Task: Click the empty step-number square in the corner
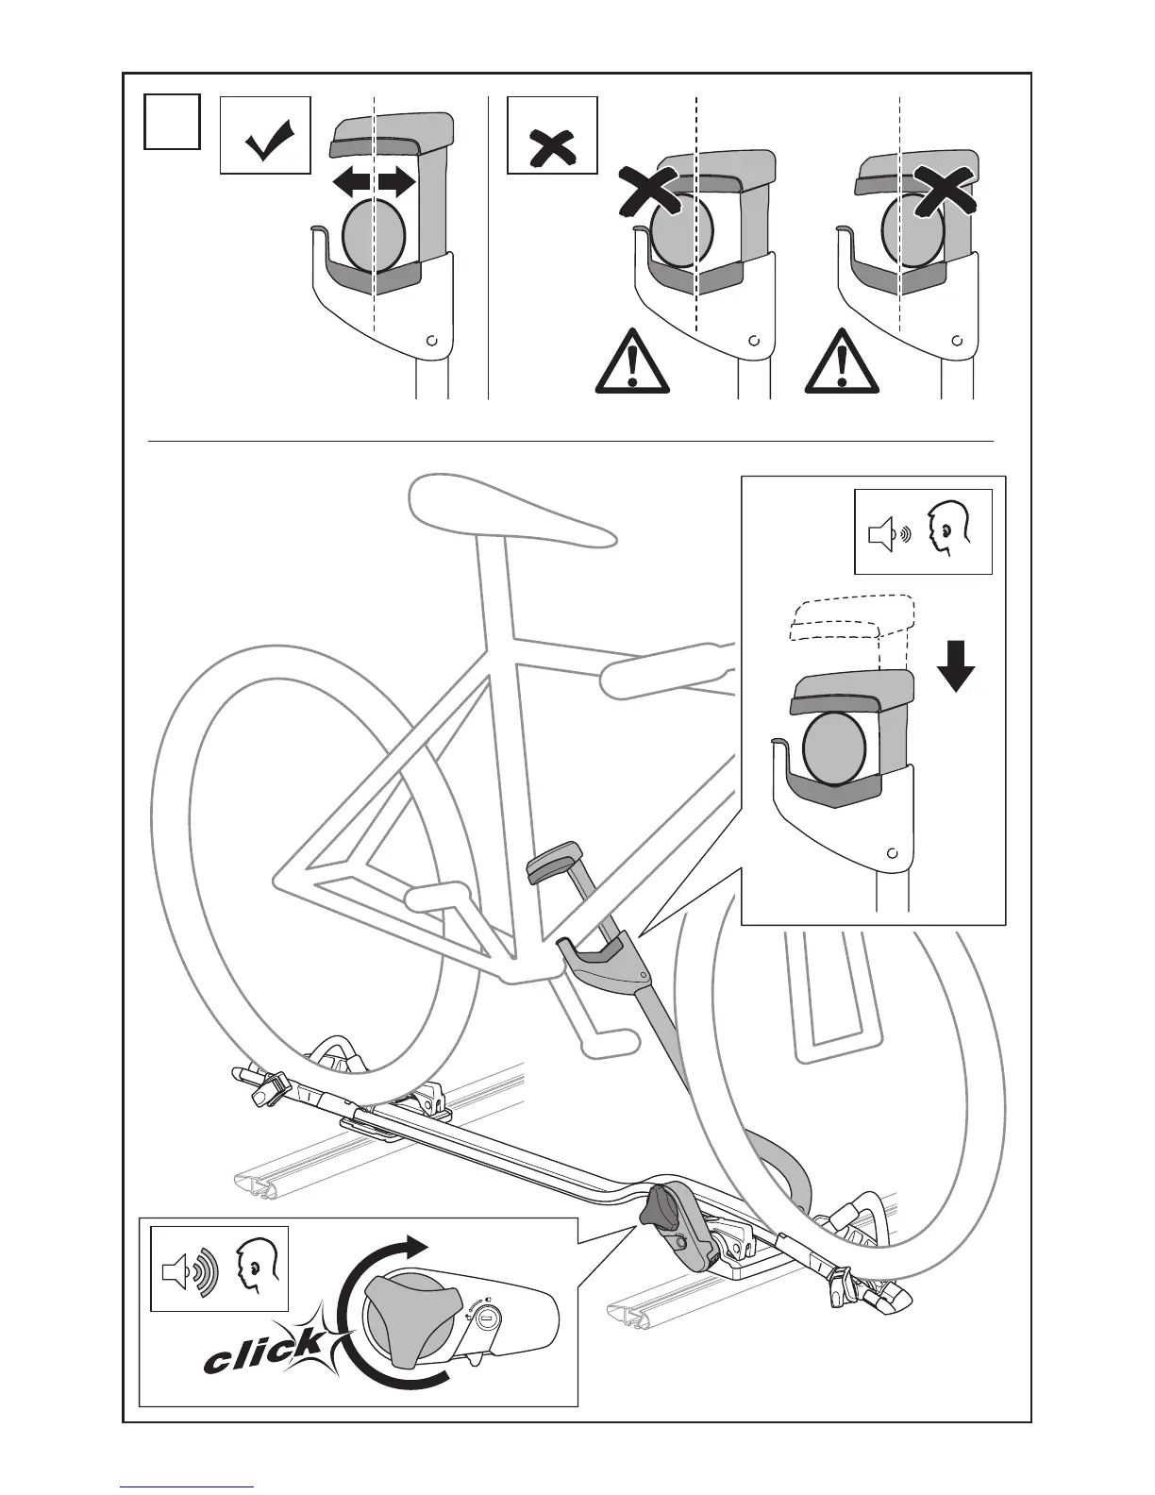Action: (x=172, y=121)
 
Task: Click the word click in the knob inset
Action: (x=263, y=1352)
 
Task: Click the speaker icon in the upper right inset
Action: (x=884, y=535)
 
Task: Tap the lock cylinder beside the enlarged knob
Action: (x=487, y=1315)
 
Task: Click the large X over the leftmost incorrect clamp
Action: (x=646, y=193)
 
